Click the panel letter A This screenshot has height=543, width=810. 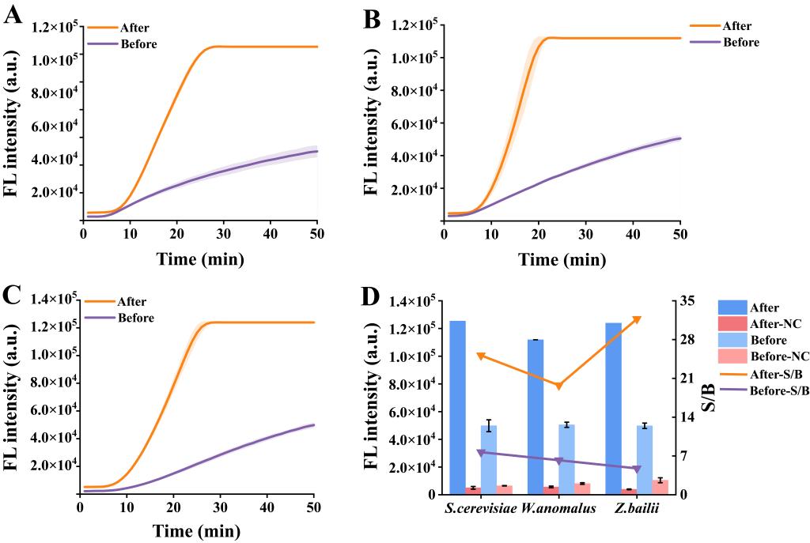point(13,17)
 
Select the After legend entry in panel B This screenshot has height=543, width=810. point(736,26)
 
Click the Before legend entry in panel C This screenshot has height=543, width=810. point(135,318)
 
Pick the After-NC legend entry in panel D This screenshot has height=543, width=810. point(775,324)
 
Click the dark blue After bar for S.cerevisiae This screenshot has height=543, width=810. point(457,407)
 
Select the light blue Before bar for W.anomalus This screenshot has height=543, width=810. point(566,458)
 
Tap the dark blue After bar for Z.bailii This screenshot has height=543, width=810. point(613,408)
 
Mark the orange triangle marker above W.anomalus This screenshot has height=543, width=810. point(558,386)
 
